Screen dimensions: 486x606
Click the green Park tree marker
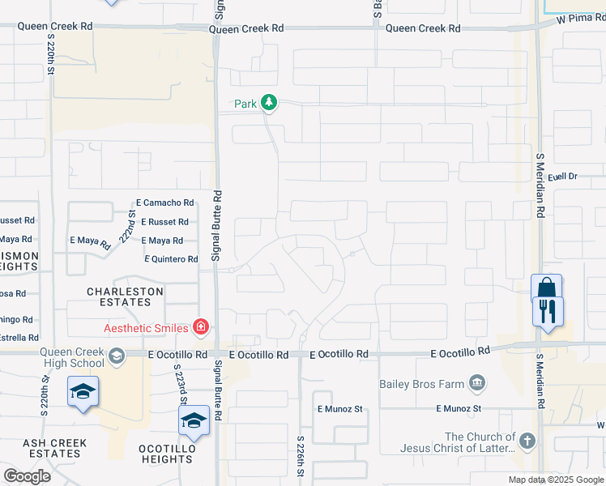[x=269, y=104]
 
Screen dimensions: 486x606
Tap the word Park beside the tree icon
[x=245, y=104]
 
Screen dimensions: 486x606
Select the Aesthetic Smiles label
[x=147, y=327]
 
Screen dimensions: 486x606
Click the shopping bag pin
[x=546, y=289]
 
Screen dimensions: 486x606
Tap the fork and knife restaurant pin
[x=548, y=311]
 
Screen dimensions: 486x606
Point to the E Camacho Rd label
[x=165, y=202]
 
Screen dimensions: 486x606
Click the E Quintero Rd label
[x=171, y=259]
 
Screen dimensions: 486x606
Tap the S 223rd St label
[x=182, y=384]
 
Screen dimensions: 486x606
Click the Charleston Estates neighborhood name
[x=126, y=296]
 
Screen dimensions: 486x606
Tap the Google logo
[x=27, y=476]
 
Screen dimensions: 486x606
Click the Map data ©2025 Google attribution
[x=556, y=480]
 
